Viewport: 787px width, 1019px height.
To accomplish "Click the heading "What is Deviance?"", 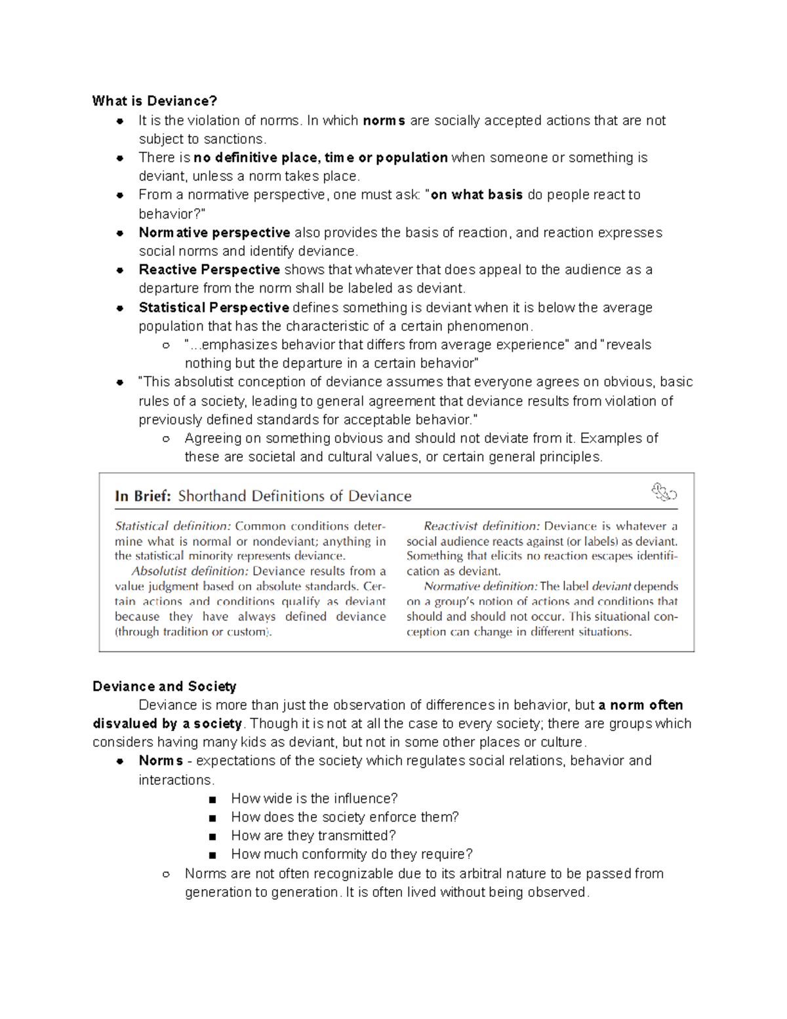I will [154, 101].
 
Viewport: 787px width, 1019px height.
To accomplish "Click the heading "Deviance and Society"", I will [164, 686].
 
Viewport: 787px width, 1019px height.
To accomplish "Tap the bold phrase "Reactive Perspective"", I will [209, 270].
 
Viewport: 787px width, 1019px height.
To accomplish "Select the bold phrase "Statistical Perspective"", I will [214, 308].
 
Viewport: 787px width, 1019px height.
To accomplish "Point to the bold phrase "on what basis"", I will [476, 195].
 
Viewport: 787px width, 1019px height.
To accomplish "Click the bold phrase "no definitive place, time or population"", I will [321, 157].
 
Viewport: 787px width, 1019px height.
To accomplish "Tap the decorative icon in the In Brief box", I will [663, 492].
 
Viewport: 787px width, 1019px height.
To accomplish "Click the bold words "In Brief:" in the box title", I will [142, 496].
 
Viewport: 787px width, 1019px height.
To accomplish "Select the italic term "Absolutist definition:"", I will [190, 572].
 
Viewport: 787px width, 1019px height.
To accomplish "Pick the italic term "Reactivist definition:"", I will [482, 526].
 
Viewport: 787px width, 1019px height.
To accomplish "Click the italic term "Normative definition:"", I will [481, 587].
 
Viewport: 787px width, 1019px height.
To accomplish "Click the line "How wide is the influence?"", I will [314, 799].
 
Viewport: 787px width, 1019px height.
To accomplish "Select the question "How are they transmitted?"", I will [313, 835].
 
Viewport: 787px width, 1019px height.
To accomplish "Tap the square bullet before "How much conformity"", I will [211, 855].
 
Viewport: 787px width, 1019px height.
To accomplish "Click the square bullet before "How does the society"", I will [211, 818].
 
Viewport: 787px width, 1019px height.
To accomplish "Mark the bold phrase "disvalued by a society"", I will [167, 724].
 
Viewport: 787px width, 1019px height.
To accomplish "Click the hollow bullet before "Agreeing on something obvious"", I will [167, 439].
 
